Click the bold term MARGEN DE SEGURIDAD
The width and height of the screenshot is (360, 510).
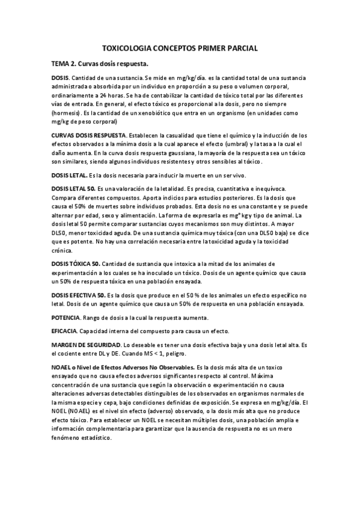click(x=86, y=345)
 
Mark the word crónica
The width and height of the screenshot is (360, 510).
click(x=63, y=250)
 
